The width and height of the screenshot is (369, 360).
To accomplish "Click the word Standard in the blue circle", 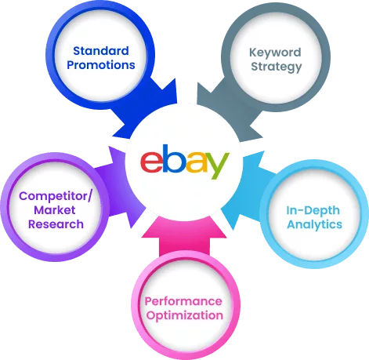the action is [x=101, y=51].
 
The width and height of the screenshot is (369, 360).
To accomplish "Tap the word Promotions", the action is [x=101, y=65].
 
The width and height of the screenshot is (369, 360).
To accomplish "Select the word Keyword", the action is [x=275, y=53].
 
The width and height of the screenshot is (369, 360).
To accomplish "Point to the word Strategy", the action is [x=277, y=67].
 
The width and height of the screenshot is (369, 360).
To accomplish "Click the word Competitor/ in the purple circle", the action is [x=56, y=196].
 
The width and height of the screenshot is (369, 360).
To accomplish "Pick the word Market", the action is [x=55, y=210].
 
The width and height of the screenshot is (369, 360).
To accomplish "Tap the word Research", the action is [x=56, y=224].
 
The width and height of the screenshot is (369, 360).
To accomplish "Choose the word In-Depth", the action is [x=313, y=210].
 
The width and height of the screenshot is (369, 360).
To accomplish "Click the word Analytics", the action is [x=314, y=225].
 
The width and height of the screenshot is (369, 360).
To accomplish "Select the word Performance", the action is [x=183, y=301].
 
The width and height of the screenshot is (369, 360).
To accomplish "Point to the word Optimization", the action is [x=185, y=315].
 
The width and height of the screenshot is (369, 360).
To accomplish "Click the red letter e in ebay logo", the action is [x=151, y=162].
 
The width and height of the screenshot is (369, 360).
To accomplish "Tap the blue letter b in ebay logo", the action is [x=172, y=158].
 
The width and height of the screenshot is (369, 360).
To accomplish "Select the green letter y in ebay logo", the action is [x=215, y=165].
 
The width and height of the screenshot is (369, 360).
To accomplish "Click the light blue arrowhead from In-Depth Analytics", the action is [x=241, y=190].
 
